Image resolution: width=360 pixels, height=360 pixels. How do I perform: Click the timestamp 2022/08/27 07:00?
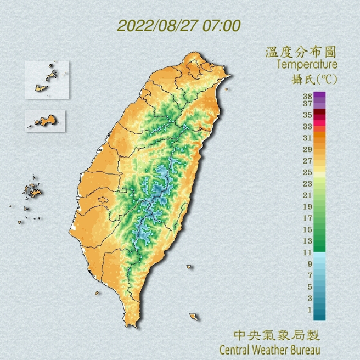pos(179,26)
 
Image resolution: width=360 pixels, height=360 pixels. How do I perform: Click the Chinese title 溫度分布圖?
pos(301,53)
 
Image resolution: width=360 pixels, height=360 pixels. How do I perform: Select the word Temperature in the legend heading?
pos(307,65)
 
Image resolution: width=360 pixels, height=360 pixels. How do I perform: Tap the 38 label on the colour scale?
pos(307,95)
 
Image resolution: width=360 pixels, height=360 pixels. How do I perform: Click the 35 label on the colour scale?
pos(307,115)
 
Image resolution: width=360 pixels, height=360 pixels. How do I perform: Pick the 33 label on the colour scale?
pos(307,126)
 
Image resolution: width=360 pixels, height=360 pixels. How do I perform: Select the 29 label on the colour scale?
pos(307,149)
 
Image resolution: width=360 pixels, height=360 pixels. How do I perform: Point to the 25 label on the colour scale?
pos(307,172)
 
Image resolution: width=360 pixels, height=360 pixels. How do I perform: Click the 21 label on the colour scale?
pos(307,195)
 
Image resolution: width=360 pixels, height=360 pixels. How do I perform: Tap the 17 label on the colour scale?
pos(307,218)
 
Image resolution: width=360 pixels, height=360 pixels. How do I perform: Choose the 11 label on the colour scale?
pos(307,252)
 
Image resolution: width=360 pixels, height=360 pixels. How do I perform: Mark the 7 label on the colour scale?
pos(310,275)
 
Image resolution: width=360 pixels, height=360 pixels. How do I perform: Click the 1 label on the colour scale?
pos(310,310)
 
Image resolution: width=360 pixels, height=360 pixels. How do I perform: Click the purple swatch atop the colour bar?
pos(320,95)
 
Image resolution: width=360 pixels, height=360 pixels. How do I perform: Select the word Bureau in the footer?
pos(303,349)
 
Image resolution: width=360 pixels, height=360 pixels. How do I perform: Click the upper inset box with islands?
pos(48,80)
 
